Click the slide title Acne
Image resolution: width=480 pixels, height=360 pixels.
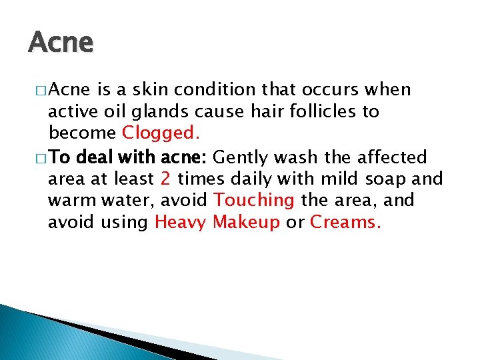click(61, 43)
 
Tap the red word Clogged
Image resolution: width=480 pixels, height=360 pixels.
click(160, 133)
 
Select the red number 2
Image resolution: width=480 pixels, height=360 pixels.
click(166, 179)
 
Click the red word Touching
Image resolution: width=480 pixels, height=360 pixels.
click(254, 200)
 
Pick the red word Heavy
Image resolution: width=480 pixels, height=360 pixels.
click(181, 222)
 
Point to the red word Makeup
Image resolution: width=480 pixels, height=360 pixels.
click(246, 222)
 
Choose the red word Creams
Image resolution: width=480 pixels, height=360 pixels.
click(346, 222)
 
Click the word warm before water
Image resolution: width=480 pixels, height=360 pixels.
click(70, 200)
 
